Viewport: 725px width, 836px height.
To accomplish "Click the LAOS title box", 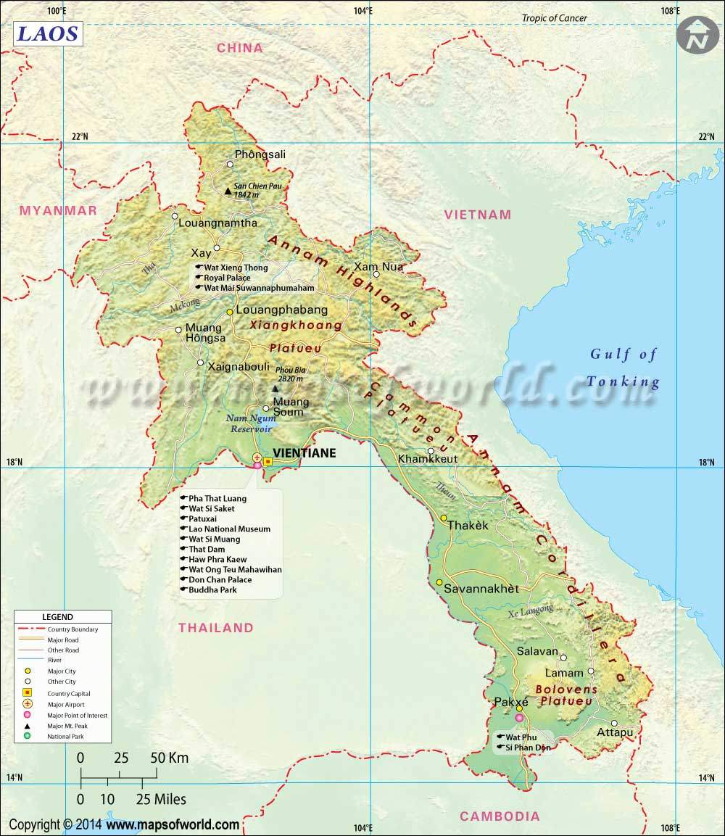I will click(x=46, y=33).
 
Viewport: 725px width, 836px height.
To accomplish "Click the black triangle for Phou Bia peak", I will click(x=275, y=389).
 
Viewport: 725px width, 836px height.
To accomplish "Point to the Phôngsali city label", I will click(x=260, y=154).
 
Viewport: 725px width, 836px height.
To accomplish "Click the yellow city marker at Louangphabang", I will click(x=230, y=312).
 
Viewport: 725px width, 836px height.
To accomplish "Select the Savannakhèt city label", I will click(x=481, y=589).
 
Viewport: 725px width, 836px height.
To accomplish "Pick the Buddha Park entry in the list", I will click(x=212, y=590).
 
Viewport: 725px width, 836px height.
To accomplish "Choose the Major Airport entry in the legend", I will click(x=65, y=705).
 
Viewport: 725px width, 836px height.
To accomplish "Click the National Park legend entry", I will click(x=65, y=737).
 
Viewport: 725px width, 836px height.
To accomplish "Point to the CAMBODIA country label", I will click(x=500, y=816).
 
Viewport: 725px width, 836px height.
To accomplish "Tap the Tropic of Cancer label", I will click(x=555, y=18).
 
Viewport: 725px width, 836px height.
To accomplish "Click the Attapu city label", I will click(x=615, y=733).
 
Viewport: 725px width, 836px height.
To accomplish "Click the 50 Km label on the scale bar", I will click(x=170, y=758).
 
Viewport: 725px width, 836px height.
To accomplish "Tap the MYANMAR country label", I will click(x=58, y=210).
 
